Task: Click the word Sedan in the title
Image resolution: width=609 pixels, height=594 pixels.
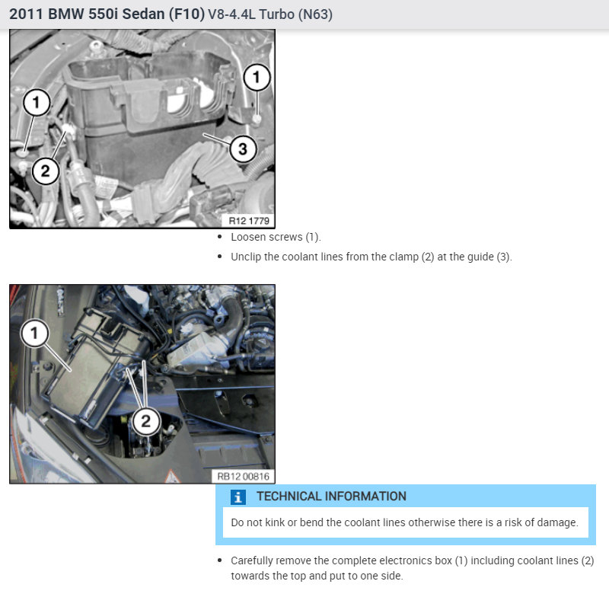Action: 143,14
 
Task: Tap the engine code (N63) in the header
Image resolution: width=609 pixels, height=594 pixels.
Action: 315,14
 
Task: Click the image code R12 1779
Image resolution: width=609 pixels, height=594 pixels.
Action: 249,221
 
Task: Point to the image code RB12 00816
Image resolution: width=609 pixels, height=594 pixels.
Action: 243,477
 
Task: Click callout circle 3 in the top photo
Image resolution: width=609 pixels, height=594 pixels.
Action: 243,148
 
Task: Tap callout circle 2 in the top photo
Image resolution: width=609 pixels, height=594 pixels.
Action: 46,171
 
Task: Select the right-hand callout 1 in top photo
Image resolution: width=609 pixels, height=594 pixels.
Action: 257,77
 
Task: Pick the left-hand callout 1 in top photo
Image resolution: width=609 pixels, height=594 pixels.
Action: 37,103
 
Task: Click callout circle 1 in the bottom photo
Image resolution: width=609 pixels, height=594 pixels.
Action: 35,333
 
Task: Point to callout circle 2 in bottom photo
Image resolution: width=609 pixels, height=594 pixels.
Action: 146,421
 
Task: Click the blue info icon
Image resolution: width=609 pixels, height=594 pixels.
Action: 238,497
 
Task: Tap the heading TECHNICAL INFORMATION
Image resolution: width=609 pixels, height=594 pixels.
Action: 331,497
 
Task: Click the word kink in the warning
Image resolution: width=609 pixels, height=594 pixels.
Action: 275,522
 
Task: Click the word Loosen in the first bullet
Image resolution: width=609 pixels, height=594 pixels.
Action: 247,237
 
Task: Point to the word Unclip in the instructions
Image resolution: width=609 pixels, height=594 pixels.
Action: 246,257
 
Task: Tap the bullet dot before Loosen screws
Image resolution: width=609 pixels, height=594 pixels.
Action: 220,237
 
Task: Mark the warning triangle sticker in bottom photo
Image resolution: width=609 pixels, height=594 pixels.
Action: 172,477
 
